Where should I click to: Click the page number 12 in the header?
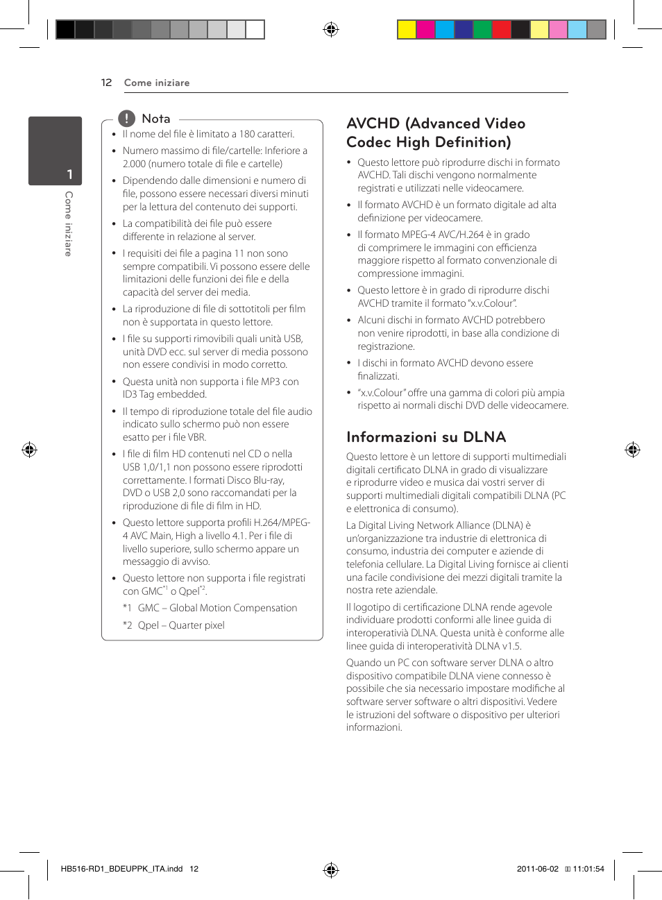click(x=106, y=83)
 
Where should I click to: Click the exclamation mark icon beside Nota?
click(x=126, y=119)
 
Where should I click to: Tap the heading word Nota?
click(x=155, y=119)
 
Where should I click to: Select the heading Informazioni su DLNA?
click(x=426, y=437)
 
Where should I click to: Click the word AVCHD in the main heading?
click(x=373, y=124)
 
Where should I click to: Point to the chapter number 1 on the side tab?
click(x=69, y=174)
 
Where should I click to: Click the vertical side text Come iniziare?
click(x=68, y=223)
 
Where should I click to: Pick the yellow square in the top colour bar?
click(x=407, y=29)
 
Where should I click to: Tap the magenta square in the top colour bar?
click(x=425, y=29)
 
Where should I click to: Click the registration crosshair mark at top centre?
click(x=331, y=29)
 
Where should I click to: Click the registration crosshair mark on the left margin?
click(x=29, y=450)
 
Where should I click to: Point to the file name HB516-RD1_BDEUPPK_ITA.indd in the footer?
click(x=121, y=869)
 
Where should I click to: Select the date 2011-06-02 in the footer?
click(x=537, y=869)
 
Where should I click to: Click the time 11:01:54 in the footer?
click(x=588, y=869)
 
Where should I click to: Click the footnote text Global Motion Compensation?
click(x=233, y=608)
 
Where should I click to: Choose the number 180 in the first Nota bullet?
click(x=247, y=134)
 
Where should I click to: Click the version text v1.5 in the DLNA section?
click(x=511, y=646)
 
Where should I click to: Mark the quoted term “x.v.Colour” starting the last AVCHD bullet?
click(x=381, y=393)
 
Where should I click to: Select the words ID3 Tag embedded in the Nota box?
click(x=164, y=394)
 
